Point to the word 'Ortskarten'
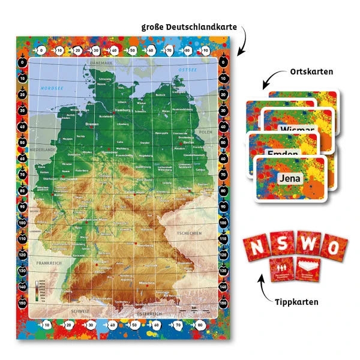pyautogui.click(x=311, y=72)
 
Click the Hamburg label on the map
pyautogui.click(x=122, y=110)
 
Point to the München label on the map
pyautogui.click(x=148, y=283)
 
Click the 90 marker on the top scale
pyautogui.click(x=207, y=50)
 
